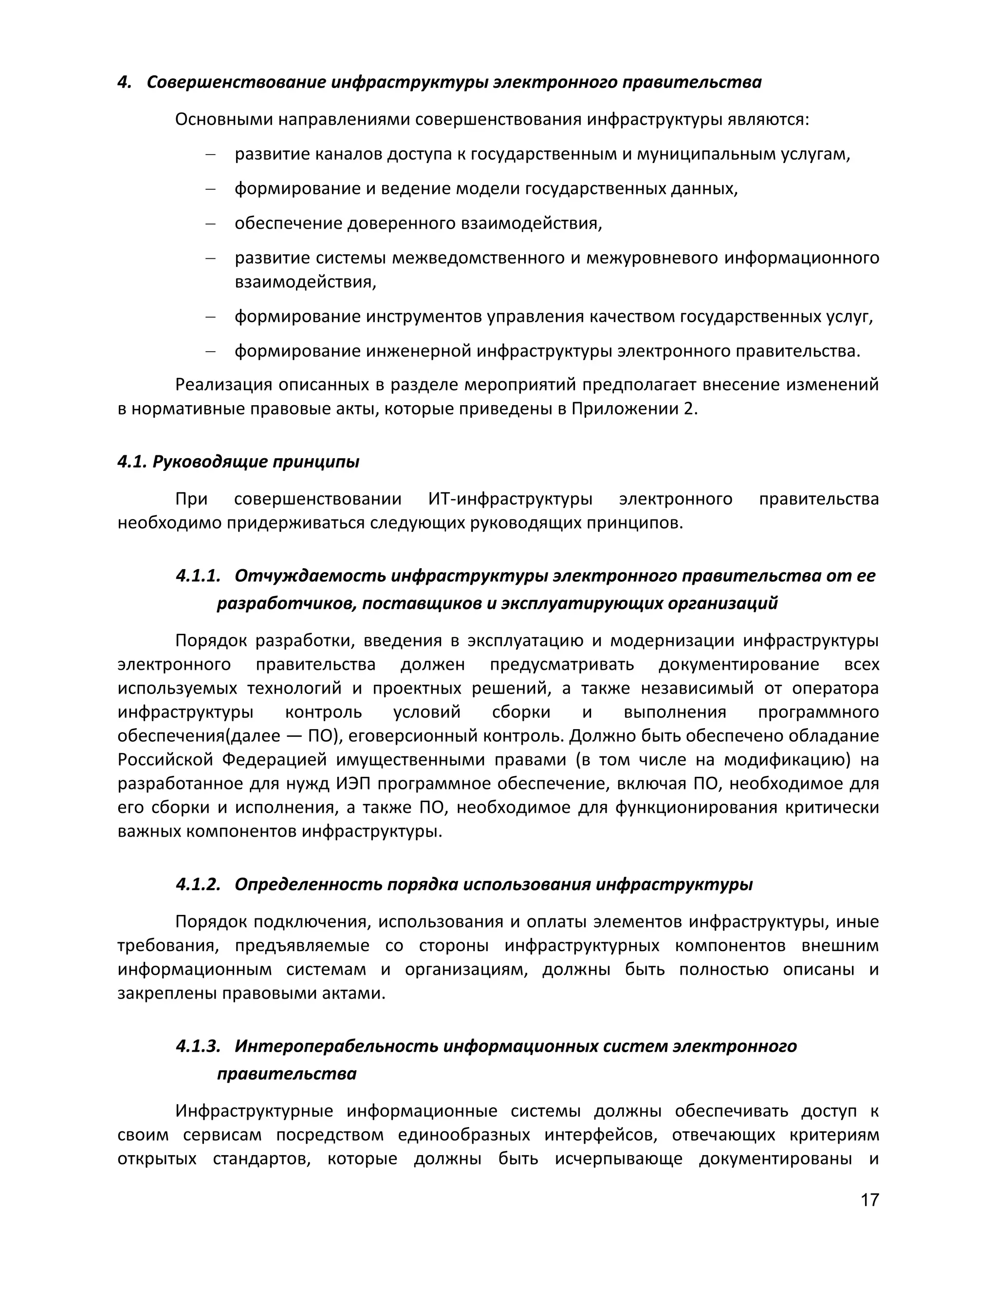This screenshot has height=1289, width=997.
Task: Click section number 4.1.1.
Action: (198, 575)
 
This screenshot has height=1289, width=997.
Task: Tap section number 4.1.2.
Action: (198, 884)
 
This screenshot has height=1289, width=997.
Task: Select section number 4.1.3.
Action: (198, 1046)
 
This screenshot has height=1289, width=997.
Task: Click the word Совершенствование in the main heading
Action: (236, 82)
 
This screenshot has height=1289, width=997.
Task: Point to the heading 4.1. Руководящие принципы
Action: (238, 462)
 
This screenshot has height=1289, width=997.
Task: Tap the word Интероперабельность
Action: (335, 1046)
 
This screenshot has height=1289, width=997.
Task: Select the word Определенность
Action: (307, 884)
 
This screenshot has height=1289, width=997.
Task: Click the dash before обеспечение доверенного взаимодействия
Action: (210, 224)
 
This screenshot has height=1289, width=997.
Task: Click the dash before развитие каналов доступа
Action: (210, 155)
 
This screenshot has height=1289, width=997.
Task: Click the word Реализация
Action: (223, 385)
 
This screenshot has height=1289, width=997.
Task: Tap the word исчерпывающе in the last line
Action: (618, 1159)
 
